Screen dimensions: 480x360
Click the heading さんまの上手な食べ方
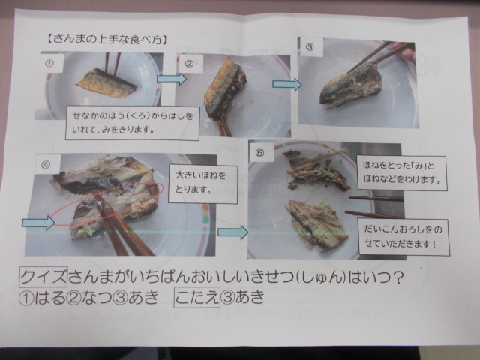pos(106,40)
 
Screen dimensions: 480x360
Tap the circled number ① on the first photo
pos(49,63)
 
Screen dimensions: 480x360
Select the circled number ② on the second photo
pos(190,64)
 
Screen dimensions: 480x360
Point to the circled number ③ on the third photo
pos(310,47)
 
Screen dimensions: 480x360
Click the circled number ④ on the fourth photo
pos(46,165)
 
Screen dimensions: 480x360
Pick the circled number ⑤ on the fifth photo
pos(259,153)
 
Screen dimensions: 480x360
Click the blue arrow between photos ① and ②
pos(172,79)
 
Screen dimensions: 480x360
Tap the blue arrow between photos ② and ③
pos(287,84)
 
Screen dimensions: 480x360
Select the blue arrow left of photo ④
pos(38,223)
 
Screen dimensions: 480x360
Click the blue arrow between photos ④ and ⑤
pos(233,232)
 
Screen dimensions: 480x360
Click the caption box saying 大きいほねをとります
pos(203,184)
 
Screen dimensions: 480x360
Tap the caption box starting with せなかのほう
pos(133,123)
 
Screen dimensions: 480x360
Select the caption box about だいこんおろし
pos(403,237)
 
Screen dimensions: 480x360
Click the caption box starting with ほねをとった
pos(402,173)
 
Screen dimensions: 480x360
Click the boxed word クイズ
pos(43,277)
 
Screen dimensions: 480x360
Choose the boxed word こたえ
pos(196,296)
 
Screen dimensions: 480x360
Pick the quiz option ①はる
pos(42,298)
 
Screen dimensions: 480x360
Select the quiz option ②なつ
pos(89,298)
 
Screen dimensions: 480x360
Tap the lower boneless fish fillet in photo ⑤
pos(316,223)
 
